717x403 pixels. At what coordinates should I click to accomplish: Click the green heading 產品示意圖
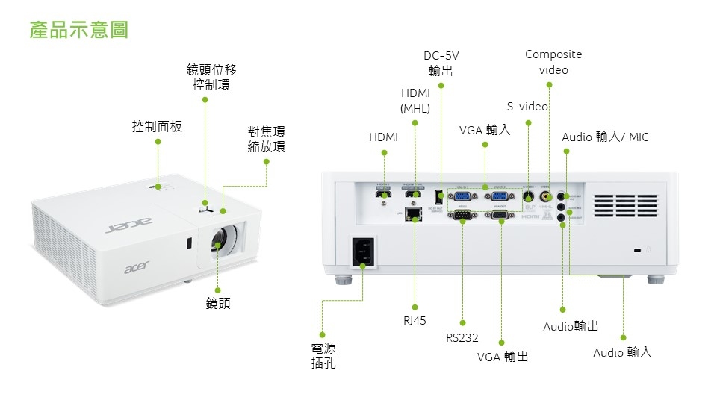pos(79,30)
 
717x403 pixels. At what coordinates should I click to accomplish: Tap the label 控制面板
pos(157,127)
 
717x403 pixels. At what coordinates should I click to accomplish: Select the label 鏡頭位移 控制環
pos(211,78)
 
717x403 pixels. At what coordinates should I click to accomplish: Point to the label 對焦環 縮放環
pos(267,140)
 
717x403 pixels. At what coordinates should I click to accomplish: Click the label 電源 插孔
pos(323,356)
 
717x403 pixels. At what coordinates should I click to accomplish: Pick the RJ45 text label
pos(415,321)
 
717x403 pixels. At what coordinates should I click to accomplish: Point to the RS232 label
pos(462,337)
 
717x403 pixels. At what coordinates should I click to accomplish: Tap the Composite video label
pos(553,62)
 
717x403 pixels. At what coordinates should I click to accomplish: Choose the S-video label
pos(527,107)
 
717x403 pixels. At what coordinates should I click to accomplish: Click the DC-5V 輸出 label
pos(441,63)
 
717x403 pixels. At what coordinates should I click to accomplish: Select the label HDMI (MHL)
pos(415,101)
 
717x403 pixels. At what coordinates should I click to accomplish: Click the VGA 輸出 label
pos(503,357)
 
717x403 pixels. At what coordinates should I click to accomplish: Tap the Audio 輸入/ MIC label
pos(605,137)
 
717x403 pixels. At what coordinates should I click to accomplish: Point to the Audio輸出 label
pos(571,327)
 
